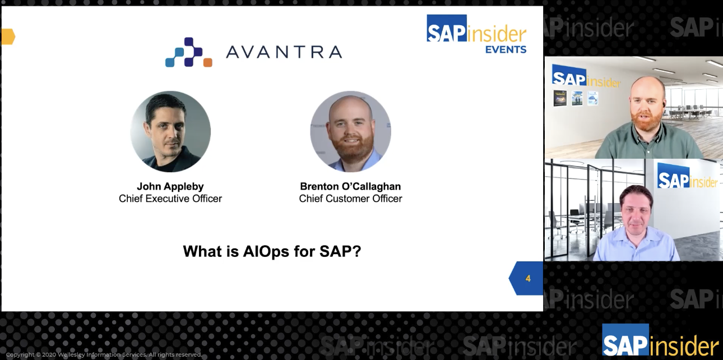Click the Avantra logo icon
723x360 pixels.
(x=189, y=52)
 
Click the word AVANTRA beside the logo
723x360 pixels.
(x=284, y=52)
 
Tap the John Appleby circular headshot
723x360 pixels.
(x=170, y=131)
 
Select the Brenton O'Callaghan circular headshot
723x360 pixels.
(x=350, y=131)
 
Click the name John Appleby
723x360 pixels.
(x=170, y=186)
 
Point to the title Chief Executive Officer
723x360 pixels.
(x=170, y=199)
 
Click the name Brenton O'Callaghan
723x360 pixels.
(x=350, y=186)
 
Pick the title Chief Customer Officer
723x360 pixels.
(x=350, y=199)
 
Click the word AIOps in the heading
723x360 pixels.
(x=266, y=252)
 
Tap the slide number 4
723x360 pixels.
(x=528, y=278)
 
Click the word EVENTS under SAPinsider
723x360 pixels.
(x=506, y=49)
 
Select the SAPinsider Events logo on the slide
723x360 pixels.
(x=476, y=34)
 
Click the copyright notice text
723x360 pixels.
(x=104, y=354)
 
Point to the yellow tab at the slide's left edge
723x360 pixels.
(x=8, y=36)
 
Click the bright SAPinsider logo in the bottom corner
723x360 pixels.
(x=660, y=341)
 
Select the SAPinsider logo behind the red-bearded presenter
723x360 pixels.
(x=586, y=77)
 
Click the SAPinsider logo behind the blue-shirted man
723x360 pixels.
(x=688, y=177)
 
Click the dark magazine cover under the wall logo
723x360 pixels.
(x=560, y=98)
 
